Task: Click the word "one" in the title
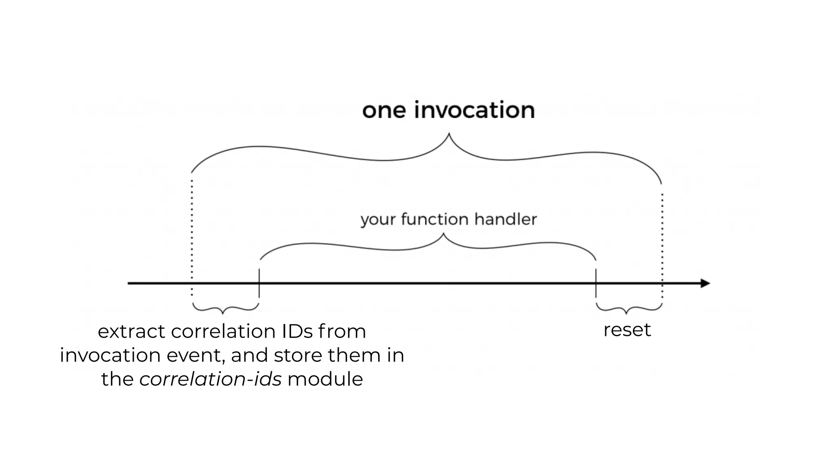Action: pyautogui.click(x=384, y=111)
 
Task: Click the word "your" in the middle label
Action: pyautogui.click(x=378, y=220)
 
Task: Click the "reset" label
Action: pyautogui.click(x=627, y=330)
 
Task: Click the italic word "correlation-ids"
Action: pyautogui.click(x=210, y=379)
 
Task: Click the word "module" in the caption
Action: pyautogui.click(x=325, y=379)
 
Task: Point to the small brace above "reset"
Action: pyautogui.click(x=628, y=309)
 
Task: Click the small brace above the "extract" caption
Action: pyautogui.click(x=225, y=309)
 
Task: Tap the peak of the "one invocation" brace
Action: pyautogui.click(x=449, y=134)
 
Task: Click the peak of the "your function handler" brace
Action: pyautogui.click(x=443, y=235)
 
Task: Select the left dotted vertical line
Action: pyautogui.click(x=192, y=236)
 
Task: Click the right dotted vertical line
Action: pyautogui.click(x=662, y=244)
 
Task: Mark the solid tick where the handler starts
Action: pyautogui.click(x=259, y=283)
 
